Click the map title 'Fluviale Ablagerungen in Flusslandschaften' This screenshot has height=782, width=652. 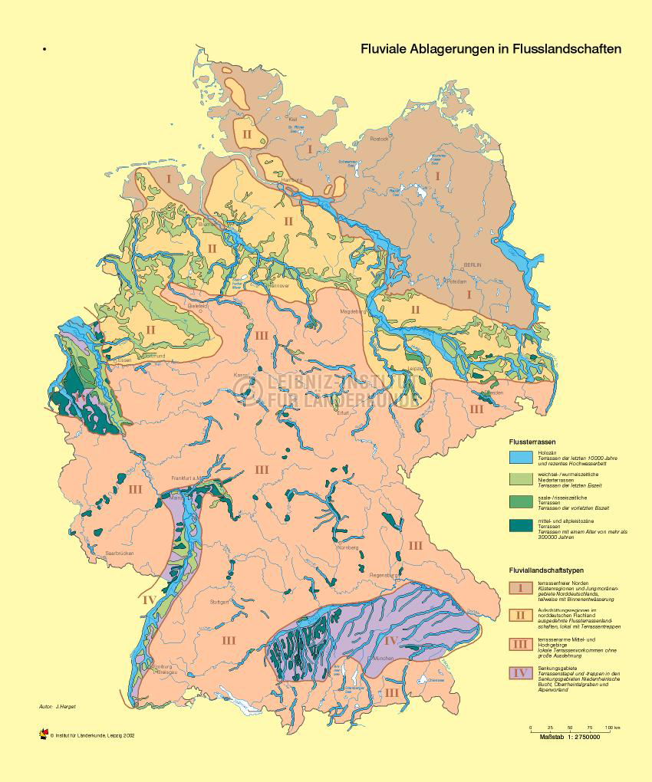point(491,49)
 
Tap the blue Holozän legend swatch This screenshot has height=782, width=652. point(520,458)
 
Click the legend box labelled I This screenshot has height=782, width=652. point(520,588)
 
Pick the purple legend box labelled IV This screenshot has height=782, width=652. point(520,673)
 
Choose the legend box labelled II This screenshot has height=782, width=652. point(520,615)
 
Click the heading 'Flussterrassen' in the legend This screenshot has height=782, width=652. point(532,442)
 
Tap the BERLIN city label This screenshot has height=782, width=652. point(472,264)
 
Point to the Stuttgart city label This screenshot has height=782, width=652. point(219,602)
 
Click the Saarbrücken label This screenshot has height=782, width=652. point(120,553)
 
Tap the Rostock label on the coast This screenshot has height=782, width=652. point(380,139)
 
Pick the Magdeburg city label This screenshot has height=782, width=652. point(350,312)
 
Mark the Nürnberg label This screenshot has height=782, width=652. point(347,547)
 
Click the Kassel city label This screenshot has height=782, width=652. point(242,373)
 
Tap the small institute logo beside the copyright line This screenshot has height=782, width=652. point(43,734)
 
